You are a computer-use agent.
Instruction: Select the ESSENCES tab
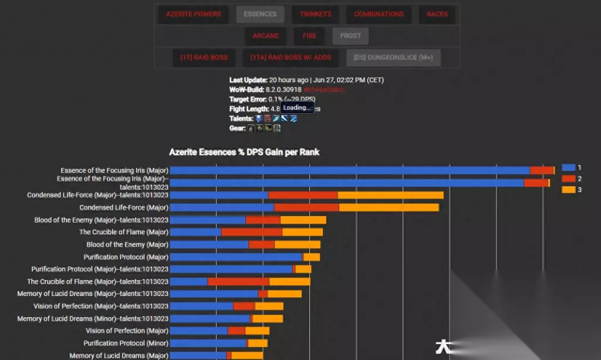click(260, 14)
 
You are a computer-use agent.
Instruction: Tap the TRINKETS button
click(315, 14)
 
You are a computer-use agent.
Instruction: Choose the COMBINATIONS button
click(379, 14)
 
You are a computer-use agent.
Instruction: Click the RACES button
click(437, 14)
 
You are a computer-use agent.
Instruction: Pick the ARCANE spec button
click(265, 36)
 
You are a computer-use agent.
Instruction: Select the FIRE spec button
click(309, 36)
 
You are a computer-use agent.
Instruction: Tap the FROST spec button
click(350, 36)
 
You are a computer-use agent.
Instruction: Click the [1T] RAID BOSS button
click(204, 58)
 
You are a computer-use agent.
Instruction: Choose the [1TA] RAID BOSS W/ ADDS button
click(291, 58)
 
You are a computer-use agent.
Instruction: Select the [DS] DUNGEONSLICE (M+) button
click(393, 58)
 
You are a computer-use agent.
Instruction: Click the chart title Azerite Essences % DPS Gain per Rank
click(244, 152)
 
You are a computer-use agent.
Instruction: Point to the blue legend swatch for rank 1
click(568, 167)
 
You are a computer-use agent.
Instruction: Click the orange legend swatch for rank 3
click(568, 190)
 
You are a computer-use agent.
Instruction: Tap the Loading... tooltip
click(297, 108)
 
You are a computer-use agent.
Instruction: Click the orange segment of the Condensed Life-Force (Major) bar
click(389, 207)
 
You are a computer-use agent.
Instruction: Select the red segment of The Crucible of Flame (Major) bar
click(251, 232)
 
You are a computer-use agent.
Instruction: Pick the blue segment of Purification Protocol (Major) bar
click(236, 257)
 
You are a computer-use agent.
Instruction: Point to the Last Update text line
click(306, 80)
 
